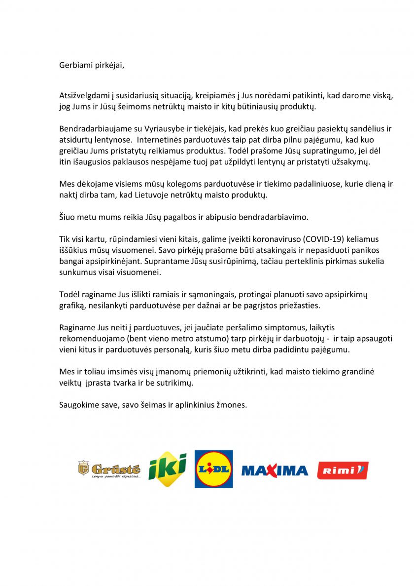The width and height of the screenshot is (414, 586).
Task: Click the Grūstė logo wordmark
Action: click(x=115, y=469)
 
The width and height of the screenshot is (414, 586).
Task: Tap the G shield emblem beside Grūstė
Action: click(x=83, y=468)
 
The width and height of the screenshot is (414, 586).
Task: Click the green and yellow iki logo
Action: click(x=168, y=469)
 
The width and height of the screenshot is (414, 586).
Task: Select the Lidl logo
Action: click(x=214, y=469)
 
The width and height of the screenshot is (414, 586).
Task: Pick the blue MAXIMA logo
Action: click(x=275, y=470)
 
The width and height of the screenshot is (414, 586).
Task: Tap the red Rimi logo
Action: click(x=343, y=470)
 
